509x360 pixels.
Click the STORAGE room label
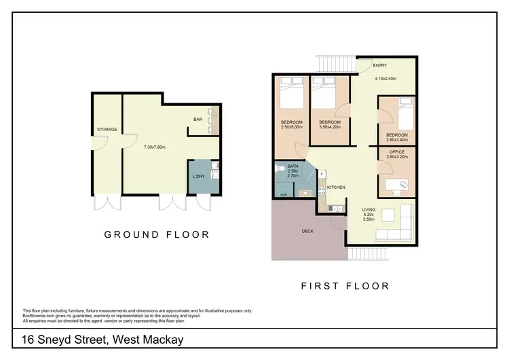click(x=107, y=129)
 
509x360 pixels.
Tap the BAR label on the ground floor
click(x=198, y=120)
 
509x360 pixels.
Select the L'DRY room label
click(x=199, y=177)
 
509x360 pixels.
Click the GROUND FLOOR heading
click(x=156, y=235)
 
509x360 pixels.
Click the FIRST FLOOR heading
click(x=345, y=286)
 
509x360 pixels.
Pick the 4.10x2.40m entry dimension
click(x=386, y=78)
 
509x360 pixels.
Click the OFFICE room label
click(x=397, y=151)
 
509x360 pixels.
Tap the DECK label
click(x=307, y=232)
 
